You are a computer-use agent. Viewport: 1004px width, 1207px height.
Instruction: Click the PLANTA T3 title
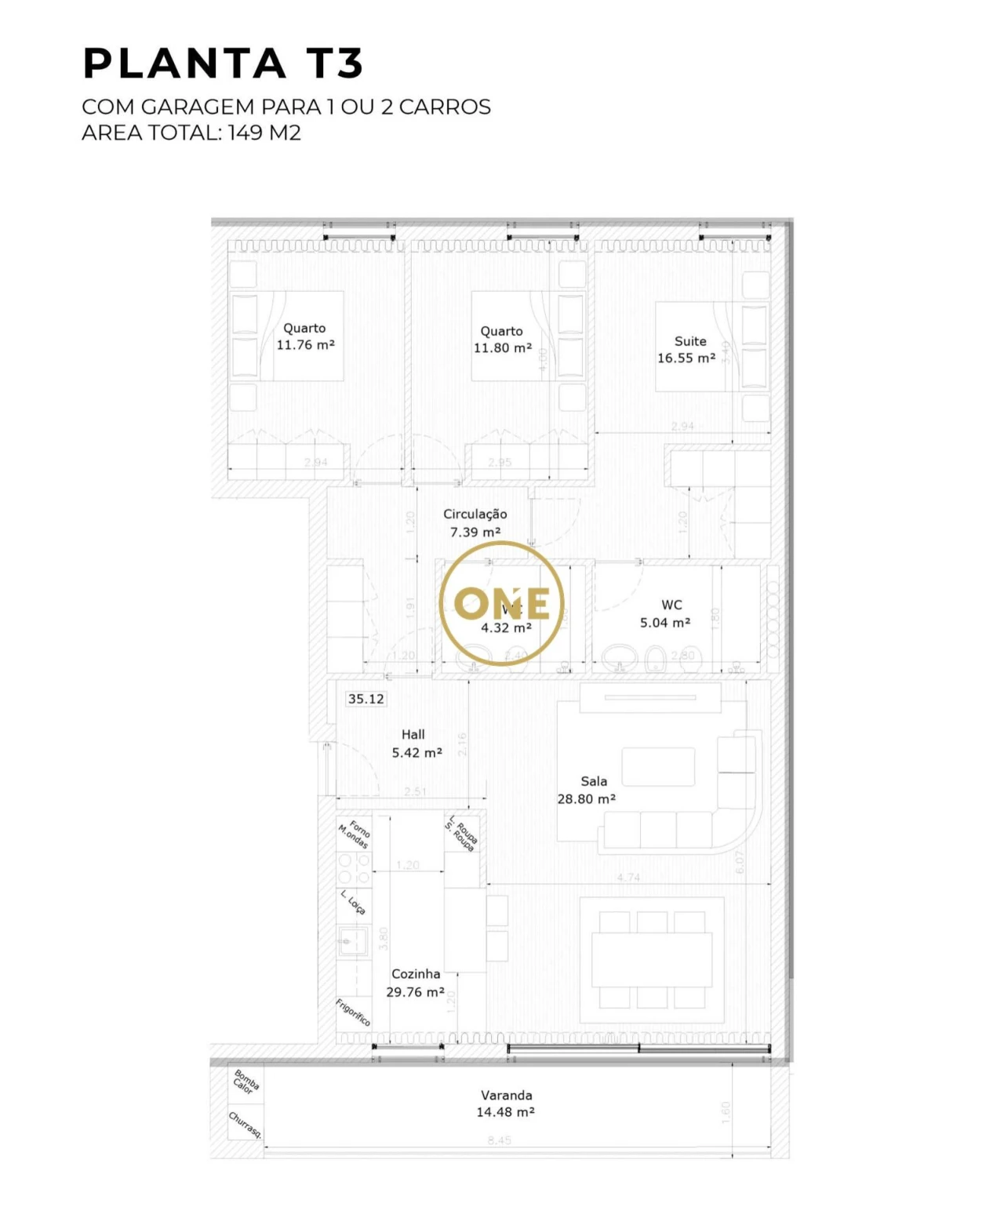[224, 64]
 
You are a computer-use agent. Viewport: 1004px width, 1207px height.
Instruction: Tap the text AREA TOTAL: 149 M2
[191, 133]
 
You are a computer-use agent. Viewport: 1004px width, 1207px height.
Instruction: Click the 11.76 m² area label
[305, 345]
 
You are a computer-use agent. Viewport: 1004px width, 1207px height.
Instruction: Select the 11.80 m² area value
[502, 348]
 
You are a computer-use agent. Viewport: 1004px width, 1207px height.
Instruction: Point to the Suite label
[690, 341]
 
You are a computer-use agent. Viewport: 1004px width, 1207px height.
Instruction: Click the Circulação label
[475, 514]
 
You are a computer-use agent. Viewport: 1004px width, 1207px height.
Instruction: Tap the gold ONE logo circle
[501, 603]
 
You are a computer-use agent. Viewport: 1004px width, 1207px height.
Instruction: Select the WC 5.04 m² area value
[665, 623]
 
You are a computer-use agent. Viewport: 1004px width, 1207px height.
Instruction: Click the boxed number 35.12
[366, 699]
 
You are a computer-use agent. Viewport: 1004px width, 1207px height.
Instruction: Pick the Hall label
[413, 735]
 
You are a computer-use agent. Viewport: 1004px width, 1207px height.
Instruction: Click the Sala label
[594, 781]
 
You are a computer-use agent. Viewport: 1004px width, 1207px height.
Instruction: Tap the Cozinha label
[416, 974]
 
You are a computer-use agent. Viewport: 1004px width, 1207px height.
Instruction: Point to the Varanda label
[506, 1095]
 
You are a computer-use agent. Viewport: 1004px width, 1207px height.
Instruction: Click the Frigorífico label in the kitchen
[353, 1012]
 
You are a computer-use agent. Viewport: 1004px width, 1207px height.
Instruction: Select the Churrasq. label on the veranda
[245, 1125]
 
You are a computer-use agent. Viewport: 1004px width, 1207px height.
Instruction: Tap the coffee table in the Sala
[658, 766]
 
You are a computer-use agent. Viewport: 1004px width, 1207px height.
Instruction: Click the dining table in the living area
[652, 959]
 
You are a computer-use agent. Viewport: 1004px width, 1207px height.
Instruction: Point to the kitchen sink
[353, 940]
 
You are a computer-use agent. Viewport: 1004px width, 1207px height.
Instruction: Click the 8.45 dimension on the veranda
[499, 1140]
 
